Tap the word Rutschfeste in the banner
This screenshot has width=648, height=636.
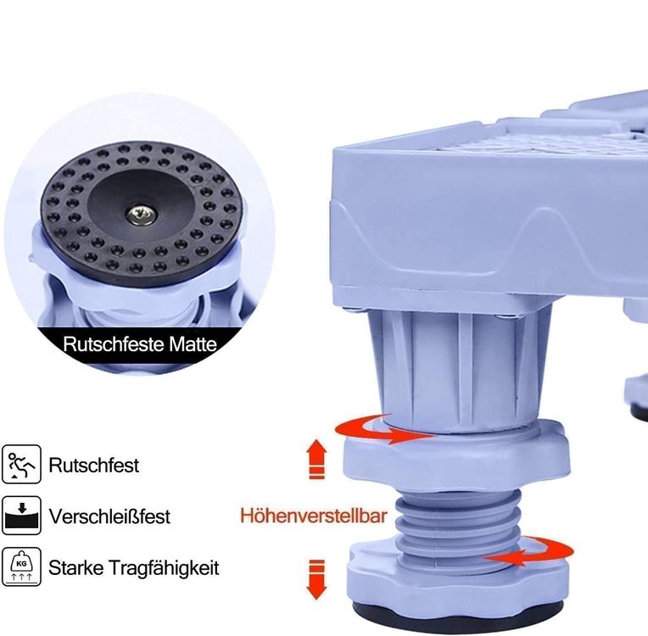(x=114, y=344)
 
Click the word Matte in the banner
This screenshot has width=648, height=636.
(x=193, y=344)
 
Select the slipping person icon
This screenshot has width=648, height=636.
(x=21, y=464)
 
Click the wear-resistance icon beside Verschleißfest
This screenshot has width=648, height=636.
(x=21, y=516)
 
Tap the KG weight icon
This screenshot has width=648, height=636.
(x=21, y=566)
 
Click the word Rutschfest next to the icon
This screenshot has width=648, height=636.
(x=94, y=466)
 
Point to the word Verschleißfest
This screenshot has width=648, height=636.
(x=109, y=516)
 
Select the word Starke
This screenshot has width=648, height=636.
(x=75, y=568)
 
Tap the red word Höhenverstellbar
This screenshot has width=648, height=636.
(x=314, y=516)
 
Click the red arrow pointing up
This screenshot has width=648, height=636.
(x=317, y=459)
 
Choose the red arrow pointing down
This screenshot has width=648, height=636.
(x=317, y=580)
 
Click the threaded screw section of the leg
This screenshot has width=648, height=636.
(x=457, y=523)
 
